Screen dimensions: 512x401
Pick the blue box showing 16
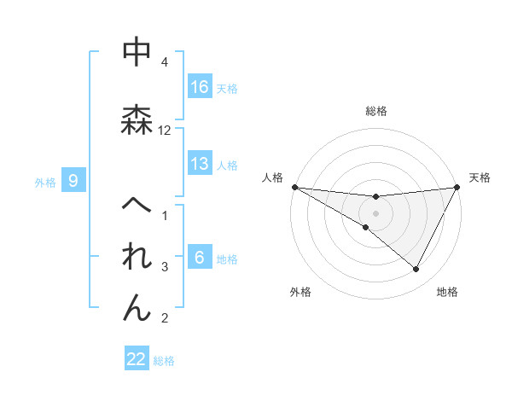point(200,87)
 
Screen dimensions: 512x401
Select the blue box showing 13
point(200,164)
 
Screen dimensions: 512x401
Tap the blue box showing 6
point(200,259)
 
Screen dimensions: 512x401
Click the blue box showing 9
point(74,180)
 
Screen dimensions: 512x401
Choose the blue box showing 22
point(137,359)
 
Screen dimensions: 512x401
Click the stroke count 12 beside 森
point(165,131)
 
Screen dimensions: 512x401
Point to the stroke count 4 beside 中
point(165,62)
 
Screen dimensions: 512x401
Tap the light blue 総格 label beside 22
point(164,360)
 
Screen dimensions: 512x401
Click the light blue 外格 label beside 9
point(45,182)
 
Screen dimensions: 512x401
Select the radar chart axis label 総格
point(376,111)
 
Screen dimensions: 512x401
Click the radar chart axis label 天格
point(480,177)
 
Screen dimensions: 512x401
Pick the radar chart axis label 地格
point(447,292)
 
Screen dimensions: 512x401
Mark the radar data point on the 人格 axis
point(294,187)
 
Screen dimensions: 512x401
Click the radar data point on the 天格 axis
point(457,187)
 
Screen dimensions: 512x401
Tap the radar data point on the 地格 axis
point(416,269)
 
